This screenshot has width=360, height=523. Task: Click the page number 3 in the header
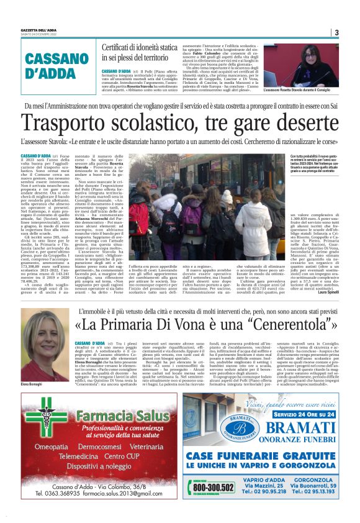(x=336, y=32)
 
